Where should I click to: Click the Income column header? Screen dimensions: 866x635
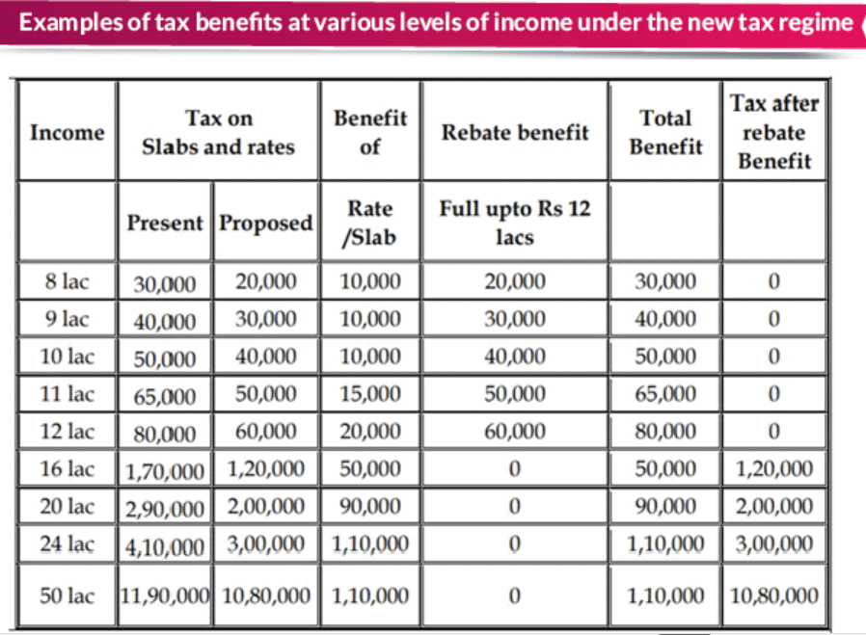pyautogui.click(x=68, y=132)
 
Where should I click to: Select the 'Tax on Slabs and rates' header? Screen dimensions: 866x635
pyautogui.click(x=219, y=132)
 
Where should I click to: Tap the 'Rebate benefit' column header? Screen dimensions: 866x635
pyautogui.click(x=515, y=132)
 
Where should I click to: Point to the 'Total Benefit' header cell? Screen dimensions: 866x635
pyautogui.click(x=665, y=132)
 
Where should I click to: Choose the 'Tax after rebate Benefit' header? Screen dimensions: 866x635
pyautogui.click(x=774, y=132)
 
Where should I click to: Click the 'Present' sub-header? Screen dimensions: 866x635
pyautogui.click(x=165, y=223)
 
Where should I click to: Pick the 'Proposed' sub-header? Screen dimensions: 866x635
pyautogui.click(x=265, y=224)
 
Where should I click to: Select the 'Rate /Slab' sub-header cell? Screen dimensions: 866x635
pyautogui.click(x=370, y=223)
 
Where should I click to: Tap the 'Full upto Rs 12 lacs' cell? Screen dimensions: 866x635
pyautogui.click(x=515, y=223)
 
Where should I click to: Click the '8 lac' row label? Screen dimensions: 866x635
pyautogui.click(x=67, y=281)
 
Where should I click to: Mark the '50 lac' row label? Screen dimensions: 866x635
pyautogui.click(x=67, y=595)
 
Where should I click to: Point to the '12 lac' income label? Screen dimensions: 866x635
pyautogui.click(x=67, y=432)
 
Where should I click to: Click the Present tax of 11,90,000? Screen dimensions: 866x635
pyautogui.click(x=165, y=595)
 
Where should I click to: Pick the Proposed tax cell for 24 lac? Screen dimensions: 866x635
pyautogui.click(x=265, y=544)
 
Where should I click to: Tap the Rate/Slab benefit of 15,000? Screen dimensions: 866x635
pyautogui.click(x=370, y=394)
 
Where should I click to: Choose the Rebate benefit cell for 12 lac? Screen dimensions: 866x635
pyautogui.click(x=515, y=432)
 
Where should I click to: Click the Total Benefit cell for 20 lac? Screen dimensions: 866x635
pyautogui.click(x=665, y=507)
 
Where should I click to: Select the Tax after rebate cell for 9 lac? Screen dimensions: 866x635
pyautogui.click(x=774, y=319)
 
